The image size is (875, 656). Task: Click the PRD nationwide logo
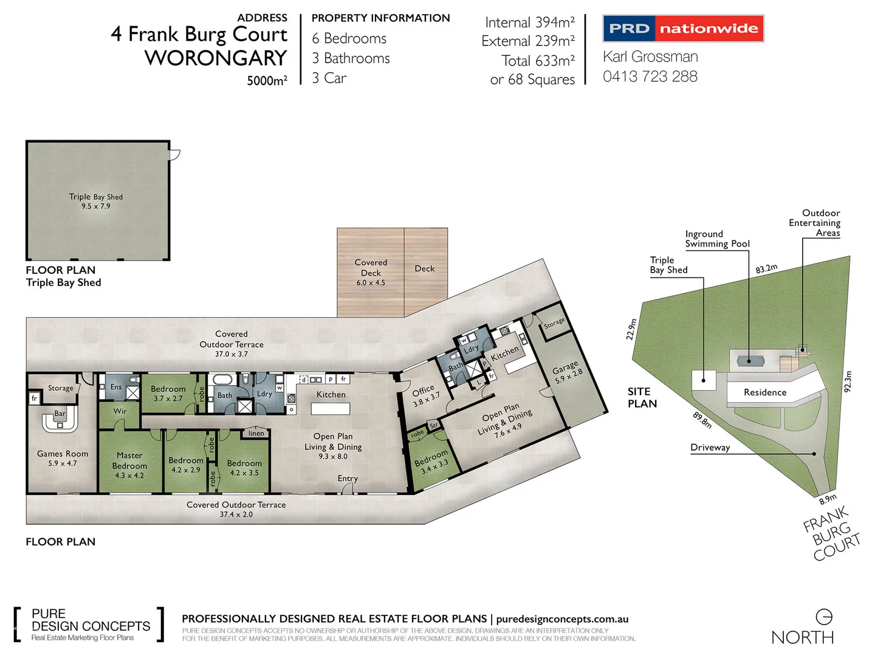(x=683, y=29)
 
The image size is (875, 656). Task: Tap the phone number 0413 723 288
(x=650, y=77)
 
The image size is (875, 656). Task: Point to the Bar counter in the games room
(x=60, y=419)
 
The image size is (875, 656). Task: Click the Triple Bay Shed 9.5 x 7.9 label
(x=96, y=201)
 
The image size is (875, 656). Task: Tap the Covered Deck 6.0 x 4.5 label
(x=371, y=272)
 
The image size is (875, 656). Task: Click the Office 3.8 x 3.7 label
(x=425, y=394)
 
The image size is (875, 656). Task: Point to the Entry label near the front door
(x=348, y=479)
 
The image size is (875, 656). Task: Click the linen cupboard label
(x=256, y=433)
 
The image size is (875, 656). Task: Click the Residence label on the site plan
(x=765, y=392)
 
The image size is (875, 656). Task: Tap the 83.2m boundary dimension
(x=766, y=268)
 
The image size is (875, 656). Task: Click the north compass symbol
(x=824, y=617)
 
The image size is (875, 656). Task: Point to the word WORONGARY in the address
(x=216, y=58)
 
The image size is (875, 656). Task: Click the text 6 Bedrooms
(x=349, y=39)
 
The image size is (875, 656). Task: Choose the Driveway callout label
(x=710, y=448)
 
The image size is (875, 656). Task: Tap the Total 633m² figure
(x=538, y=61)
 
